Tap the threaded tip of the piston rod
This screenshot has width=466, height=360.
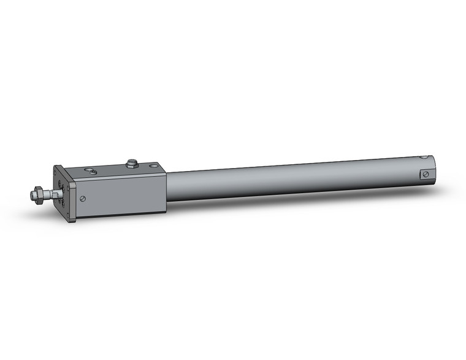(32, 196)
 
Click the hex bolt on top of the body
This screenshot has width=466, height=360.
(131, 164)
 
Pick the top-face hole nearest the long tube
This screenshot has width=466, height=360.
(151, 166)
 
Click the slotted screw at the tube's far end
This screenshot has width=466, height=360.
(425, 175)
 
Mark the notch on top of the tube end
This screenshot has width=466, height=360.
(422, 158)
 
